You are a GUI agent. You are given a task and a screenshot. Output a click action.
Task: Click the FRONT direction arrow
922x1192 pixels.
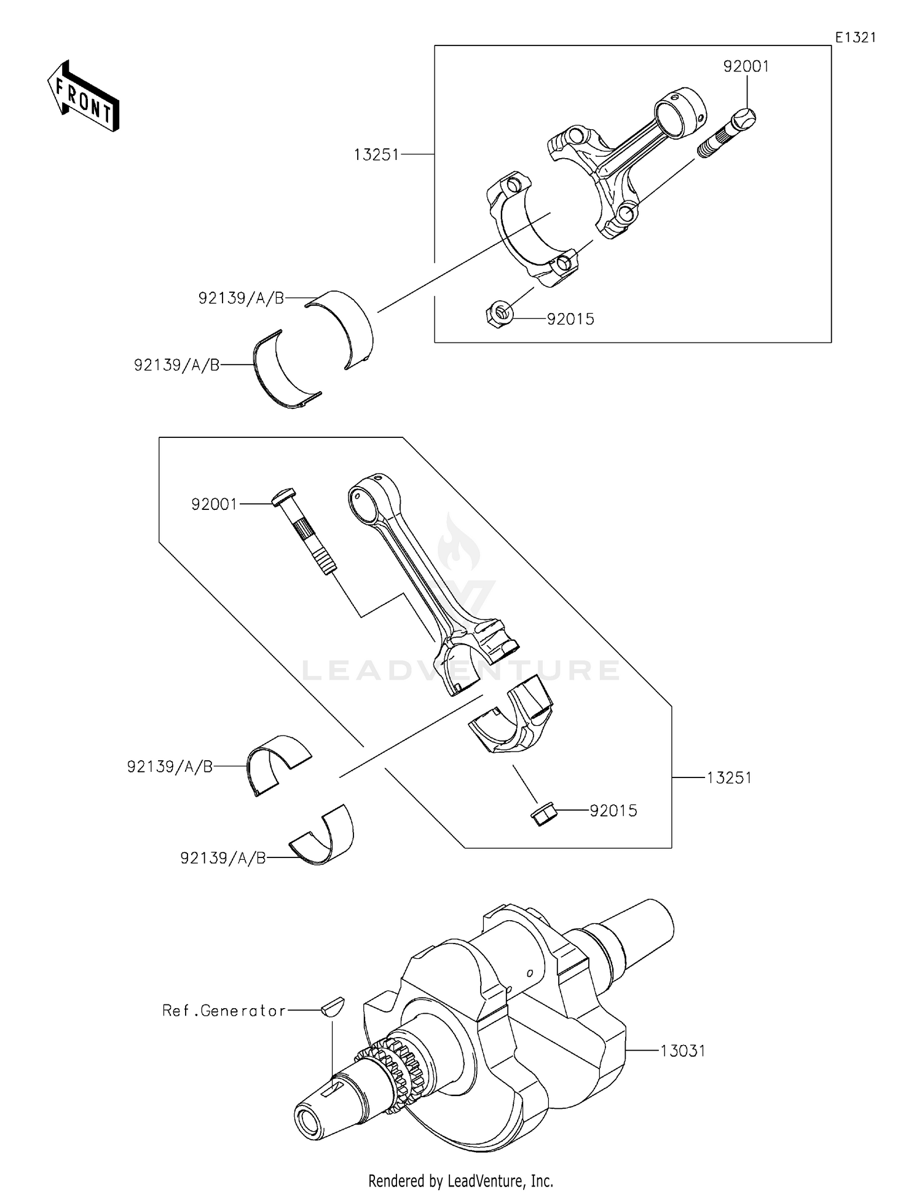(x=83, y=97)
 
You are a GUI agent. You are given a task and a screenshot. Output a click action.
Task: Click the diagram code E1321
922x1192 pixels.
(x=855, y=38)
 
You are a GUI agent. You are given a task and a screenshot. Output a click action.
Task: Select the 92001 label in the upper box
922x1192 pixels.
(x=746, y=66)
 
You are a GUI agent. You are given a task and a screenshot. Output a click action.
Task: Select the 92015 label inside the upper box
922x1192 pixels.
(x=570, y=319)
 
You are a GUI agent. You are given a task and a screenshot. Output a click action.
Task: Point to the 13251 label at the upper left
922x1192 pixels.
(x=376, y=155)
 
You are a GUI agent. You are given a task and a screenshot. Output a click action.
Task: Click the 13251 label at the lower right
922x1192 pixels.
(x=729, y=778)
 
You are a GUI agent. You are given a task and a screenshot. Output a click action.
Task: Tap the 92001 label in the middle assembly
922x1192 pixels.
(x=214, y=504)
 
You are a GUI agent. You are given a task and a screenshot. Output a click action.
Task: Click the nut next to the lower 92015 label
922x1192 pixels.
(x=543, y=813)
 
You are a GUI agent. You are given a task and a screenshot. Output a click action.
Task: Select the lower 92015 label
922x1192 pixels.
(x=613, y=811)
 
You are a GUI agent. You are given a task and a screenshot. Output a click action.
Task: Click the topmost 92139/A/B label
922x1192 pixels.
(x=242, y=298)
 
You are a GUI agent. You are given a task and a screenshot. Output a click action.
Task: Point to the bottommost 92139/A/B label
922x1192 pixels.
(x=223, y=858)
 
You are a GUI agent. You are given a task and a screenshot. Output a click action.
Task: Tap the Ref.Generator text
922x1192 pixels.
(x=224, y=1011)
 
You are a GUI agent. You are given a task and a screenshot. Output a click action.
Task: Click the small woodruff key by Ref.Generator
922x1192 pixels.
(x=333, y=1007)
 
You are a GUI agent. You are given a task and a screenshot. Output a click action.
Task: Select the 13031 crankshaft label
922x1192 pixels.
(x=683, y=1051)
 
